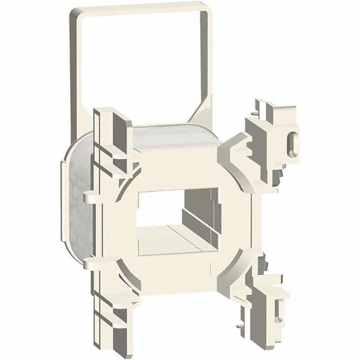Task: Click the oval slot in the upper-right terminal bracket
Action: point(292,143)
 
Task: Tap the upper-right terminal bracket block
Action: point(273,138)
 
